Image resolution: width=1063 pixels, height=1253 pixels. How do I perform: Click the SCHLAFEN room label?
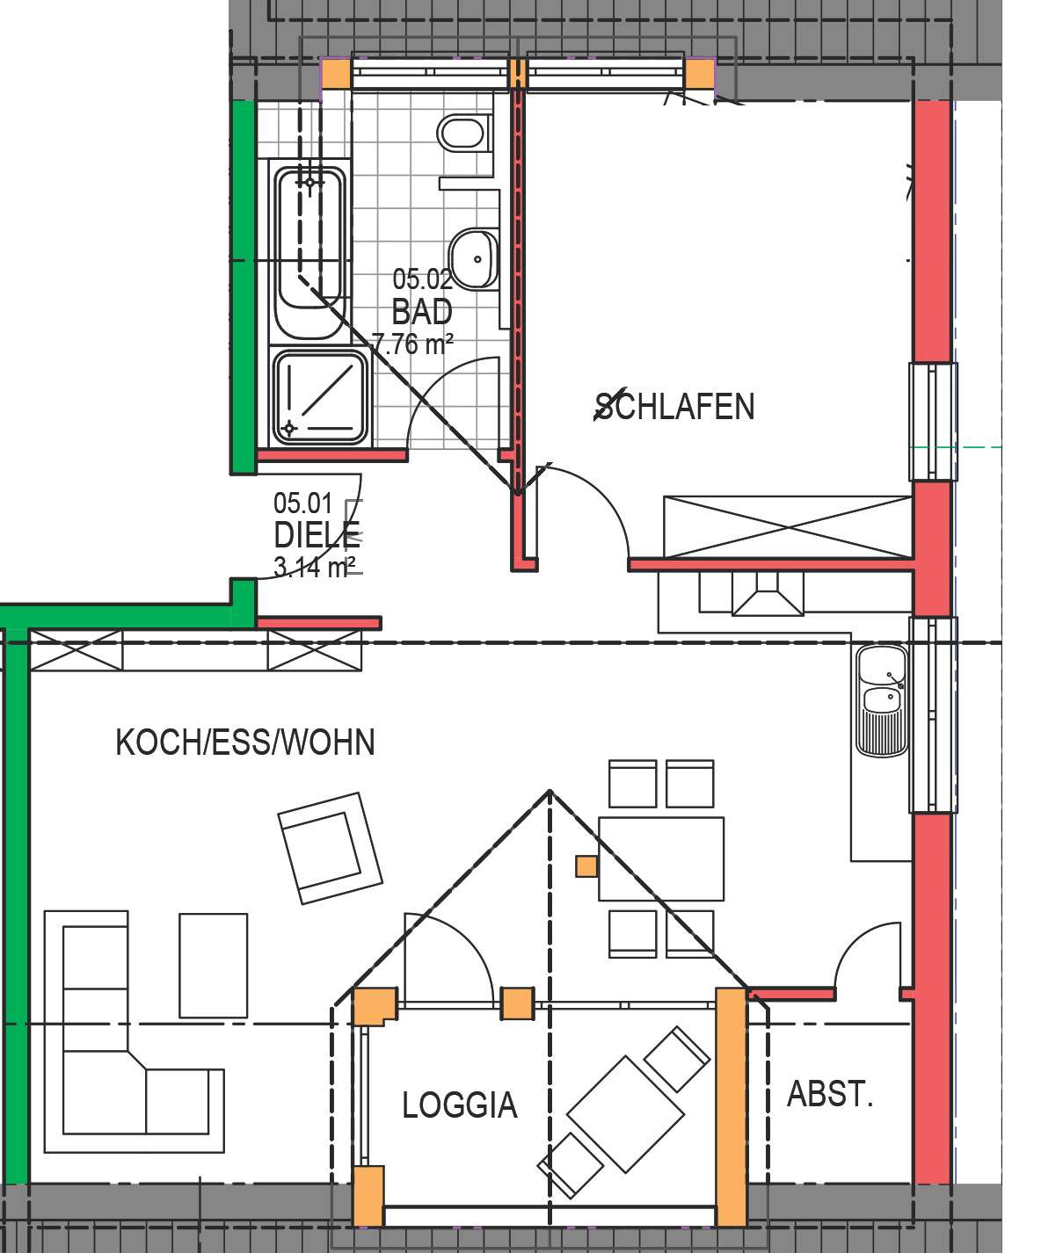point(674,406)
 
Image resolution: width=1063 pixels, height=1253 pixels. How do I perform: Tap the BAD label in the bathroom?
point(422,312)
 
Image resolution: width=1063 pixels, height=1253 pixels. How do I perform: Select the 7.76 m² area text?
point(412,344)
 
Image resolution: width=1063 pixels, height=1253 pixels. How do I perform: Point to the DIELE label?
point(317,535)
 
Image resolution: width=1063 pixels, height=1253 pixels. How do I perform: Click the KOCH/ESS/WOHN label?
point(245,742)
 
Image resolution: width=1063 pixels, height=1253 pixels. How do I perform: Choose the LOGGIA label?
point(459,1105)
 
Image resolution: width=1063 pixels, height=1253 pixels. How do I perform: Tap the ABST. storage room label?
point(829,1095)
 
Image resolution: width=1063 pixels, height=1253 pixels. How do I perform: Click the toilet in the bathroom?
point(462,134)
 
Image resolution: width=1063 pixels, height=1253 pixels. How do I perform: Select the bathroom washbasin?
point(474,258)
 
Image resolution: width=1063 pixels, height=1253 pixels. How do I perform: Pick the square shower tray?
point(319,396)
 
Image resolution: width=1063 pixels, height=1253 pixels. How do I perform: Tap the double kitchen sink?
point(882,699)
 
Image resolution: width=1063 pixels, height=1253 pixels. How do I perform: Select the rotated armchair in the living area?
point(330,848)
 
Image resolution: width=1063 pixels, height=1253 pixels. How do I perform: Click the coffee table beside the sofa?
point(213,965)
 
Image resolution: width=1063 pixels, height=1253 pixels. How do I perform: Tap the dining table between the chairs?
point(661,858)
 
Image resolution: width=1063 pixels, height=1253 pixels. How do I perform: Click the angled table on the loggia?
point(625,1113)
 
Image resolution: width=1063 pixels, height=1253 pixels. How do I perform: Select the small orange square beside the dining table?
point(586,866)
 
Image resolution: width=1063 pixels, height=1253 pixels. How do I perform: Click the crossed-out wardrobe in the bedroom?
point(787,527)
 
